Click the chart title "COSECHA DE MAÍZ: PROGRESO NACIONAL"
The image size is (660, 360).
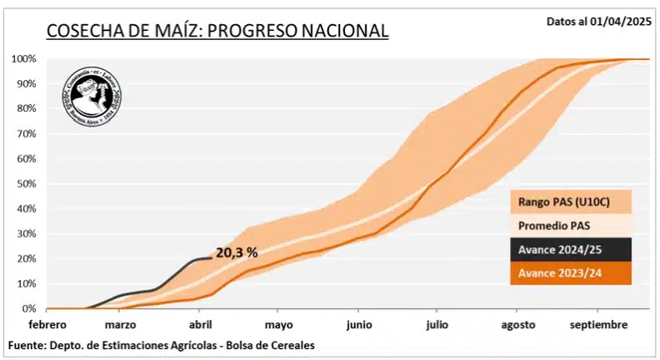point(217,31)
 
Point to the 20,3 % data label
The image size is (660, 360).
point(237,252)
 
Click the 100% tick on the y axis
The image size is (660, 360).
point(23,59)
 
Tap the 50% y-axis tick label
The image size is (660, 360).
point(26,183)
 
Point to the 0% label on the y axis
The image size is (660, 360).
point(29,308)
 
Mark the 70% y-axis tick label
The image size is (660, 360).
point(26,133)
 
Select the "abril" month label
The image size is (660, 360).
point(201,324)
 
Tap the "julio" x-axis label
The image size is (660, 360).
point(435,324)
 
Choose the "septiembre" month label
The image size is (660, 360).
point(599,324)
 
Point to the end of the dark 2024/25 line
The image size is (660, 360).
point(211,258)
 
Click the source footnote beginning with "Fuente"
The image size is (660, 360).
point(162,345)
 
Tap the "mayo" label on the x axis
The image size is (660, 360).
point(279,324)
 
